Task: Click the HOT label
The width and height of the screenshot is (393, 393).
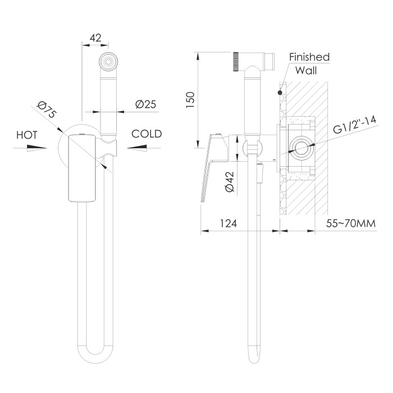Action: [27, 135]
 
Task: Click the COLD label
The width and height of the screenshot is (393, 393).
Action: [147, 134]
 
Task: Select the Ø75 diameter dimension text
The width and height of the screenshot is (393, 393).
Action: [47, 109]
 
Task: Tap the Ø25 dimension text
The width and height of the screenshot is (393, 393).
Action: [145, 104]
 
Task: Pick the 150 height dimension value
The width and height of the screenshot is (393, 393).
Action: [190, 100]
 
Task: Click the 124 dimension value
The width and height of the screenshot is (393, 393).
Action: [229, 223]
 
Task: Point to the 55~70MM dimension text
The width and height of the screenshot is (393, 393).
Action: [351, 223]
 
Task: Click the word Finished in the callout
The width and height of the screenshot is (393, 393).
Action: [309, 57]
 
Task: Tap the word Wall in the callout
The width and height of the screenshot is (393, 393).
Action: [306, 70]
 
